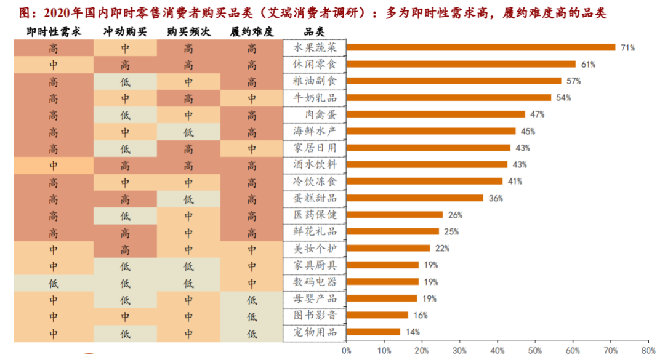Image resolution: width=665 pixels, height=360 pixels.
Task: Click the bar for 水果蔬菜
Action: [481, 47]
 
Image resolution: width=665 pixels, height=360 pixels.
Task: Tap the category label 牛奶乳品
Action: [315, 98]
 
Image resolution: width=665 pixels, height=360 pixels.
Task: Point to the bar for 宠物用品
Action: [373, 332]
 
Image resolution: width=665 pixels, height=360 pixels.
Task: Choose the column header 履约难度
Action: [251, 31]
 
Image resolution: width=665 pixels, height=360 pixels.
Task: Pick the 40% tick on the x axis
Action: [497, 351]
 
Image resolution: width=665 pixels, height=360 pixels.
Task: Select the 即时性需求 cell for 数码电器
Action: [54, 282]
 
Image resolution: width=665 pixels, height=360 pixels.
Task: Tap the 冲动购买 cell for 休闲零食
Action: [125, 65]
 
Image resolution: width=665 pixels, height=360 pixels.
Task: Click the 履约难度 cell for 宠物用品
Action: [251, 332]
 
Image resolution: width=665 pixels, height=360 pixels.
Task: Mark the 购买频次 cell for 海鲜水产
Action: [188, 132]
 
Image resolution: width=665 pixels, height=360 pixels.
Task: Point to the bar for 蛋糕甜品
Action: [415, 198]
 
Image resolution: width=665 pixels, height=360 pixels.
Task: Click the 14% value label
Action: [412, 332]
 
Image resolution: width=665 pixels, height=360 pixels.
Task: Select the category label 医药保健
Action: [315, 215]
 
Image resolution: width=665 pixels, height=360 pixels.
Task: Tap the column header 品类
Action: [315, 31]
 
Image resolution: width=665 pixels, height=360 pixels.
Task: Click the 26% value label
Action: [455, 215]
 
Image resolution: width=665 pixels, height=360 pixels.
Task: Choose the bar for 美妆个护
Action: [388, 248]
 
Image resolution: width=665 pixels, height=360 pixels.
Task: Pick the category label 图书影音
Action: [315, 315]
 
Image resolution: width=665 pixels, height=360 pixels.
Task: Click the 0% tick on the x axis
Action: [346, 351]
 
